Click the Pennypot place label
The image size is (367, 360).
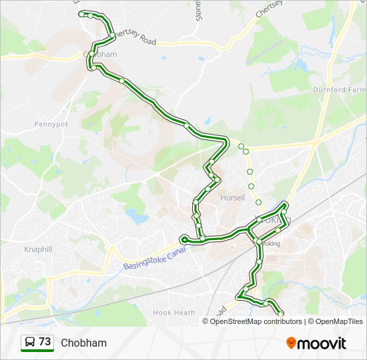(51, 124)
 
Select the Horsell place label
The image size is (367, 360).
(232, 198)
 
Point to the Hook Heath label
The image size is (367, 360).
(173, 312)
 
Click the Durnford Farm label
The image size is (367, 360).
(340, 89)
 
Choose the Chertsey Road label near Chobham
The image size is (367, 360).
(135, 38)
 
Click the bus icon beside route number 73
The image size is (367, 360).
(29, 342)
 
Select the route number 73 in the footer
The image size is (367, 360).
(45, 342)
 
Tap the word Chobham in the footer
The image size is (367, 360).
(83, 343)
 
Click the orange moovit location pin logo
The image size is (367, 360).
(291, 343)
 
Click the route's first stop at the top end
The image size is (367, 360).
(81, 14)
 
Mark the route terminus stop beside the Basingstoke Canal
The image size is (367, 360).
(183, 238)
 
